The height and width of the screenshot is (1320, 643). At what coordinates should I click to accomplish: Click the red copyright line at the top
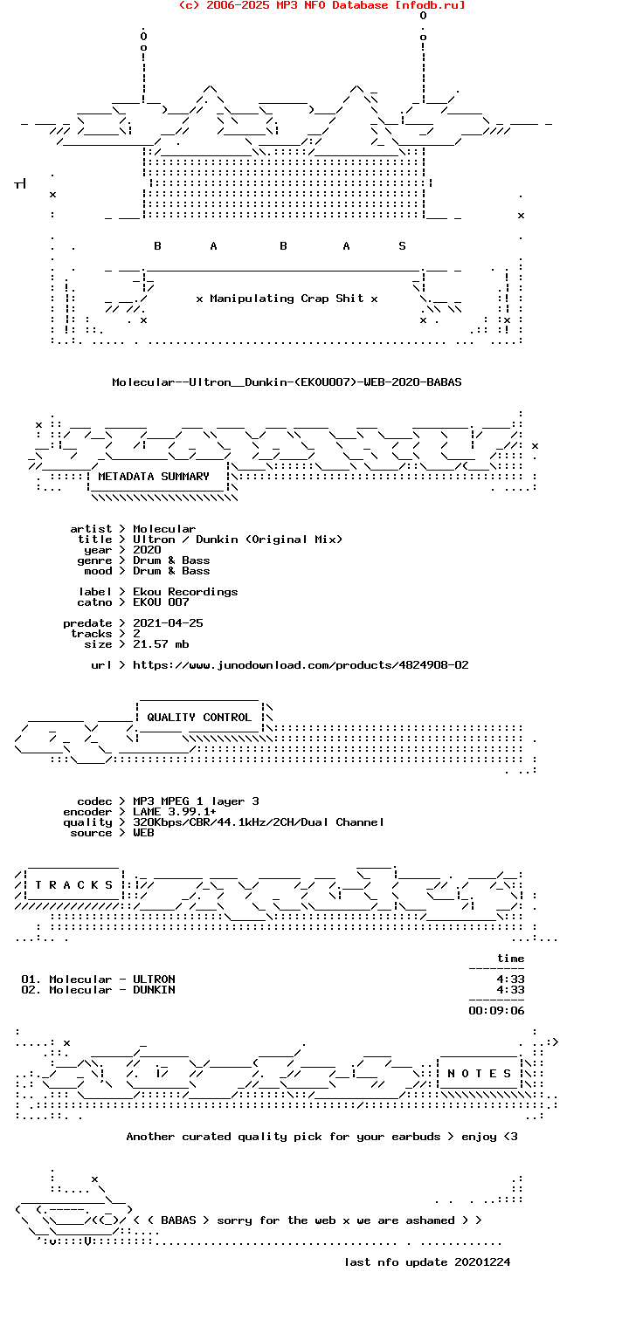[x=321, y=5]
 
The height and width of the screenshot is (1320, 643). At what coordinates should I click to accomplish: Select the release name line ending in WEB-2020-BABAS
[x=287, y=382]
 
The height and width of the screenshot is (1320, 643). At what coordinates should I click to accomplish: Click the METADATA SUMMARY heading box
[x=157, y=477]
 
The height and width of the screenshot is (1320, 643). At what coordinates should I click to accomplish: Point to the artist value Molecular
[x=164, y=529]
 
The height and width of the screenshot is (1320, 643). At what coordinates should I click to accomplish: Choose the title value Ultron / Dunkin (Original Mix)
[x=237, y=540]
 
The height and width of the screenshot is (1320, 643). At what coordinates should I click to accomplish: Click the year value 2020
[x=147, y=550]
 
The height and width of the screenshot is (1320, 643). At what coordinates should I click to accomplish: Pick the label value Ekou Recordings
[x=185, y=592]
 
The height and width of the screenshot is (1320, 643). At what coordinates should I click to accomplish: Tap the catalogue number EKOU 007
[x=161, y=602]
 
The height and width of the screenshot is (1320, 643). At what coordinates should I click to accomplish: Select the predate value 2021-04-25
[x=168, y=623]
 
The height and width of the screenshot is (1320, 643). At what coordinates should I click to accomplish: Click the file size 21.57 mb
[x=161, y=644]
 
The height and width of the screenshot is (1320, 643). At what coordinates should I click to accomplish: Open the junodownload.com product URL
[x=301, y=665]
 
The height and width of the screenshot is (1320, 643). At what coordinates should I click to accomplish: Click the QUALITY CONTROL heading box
[x=199, y=717]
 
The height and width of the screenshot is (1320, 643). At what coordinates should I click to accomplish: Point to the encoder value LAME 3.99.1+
[x=175, y=812]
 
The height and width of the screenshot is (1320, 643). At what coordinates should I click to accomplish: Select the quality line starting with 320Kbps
[x=259, y=822]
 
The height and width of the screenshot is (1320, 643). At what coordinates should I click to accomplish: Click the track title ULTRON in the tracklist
[x=154, y=980]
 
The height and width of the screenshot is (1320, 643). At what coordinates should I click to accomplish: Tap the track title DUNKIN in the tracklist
[x=154, y=990]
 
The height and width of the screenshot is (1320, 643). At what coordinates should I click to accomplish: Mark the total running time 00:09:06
[x=496, y=1011]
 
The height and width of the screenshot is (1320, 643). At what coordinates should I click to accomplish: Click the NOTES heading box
[x=479, y=1074]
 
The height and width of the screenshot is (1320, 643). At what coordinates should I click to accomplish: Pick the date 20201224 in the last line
[x=482, y=1262]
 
